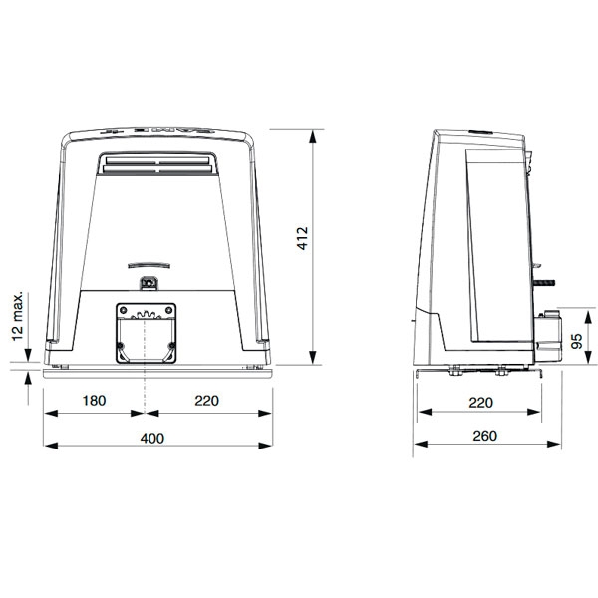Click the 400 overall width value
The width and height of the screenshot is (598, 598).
[x=151, y=438]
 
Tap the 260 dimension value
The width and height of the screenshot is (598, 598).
[x=478, y=437]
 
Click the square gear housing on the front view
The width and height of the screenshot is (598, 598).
[x=147, y=332]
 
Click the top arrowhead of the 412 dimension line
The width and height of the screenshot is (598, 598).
[x=313, y=131]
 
